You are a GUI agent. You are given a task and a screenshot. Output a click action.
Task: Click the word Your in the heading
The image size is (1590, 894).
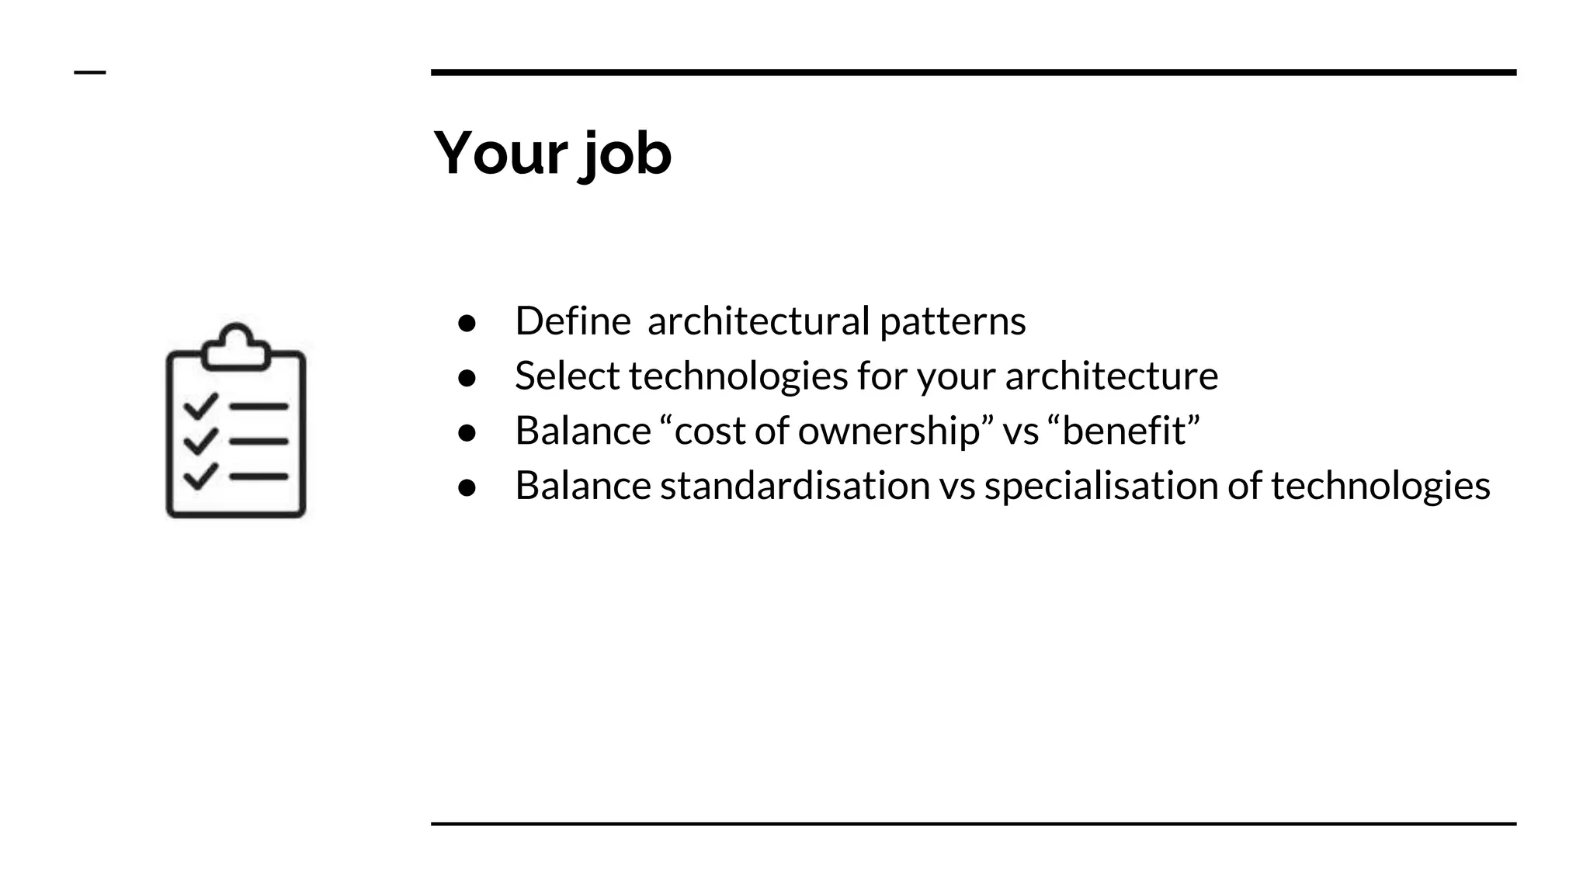pyautogui.click(x=500, y=153)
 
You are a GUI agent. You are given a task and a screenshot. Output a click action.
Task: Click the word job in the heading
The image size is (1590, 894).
pyautogui.click(x=625, y=154)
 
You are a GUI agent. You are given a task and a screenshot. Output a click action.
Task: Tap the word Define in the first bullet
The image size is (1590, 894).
pyautogui.click(x=572, y=321)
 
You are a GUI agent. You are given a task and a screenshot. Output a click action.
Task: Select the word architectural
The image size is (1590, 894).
pyautogui.click(x=759, y=321)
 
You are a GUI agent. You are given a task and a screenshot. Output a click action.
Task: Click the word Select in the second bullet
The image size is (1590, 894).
pyautogui.click(x=567, y=376)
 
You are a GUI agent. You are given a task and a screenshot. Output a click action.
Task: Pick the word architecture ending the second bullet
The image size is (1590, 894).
pyautogui.click(x=1111, y=376)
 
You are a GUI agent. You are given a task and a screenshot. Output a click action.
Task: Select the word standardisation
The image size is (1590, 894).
pyautogui.click(x=794, y=486)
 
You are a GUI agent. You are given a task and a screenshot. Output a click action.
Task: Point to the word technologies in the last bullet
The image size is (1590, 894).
pyautogui.click(x=1380, y=486)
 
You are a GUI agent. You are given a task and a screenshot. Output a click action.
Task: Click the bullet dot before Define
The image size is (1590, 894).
pyautogui.click(x=467, y=323)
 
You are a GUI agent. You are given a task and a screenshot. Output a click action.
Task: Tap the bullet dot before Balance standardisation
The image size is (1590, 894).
pyautogui.click(x=467, y=487)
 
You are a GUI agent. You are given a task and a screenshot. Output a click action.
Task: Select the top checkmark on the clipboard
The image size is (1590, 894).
pyautogui.click(x=200, y=405)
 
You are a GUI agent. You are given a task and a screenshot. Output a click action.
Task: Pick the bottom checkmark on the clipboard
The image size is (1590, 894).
pyautogui.click(x=200, y=475)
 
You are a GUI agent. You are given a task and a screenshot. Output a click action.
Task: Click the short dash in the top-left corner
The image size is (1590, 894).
pyautogui.click(x=90, y=72)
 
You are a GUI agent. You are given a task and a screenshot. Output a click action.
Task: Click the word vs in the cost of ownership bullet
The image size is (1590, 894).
pyautogui.click(x=1020, y=431)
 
